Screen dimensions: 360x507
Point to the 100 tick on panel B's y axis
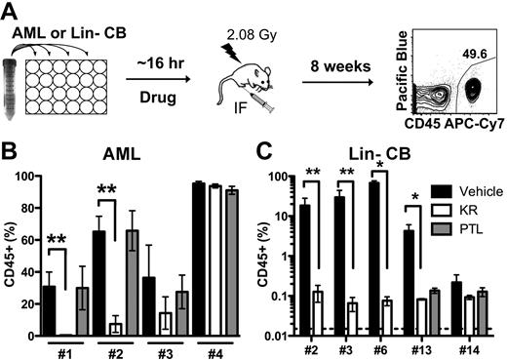pyautogui.click(x=20, y=177)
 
